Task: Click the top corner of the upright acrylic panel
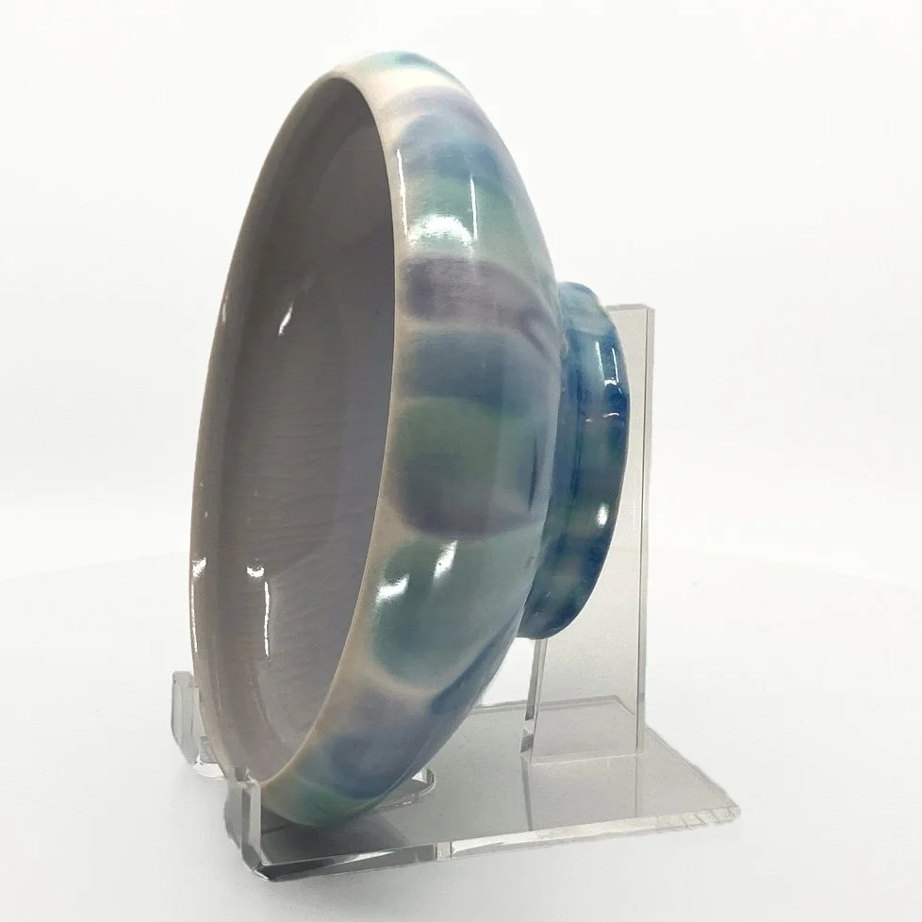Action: click(650, 306)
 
